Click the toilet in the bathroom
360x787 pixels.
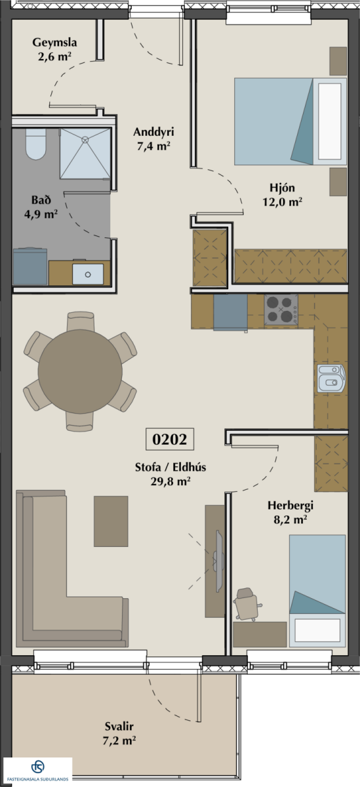click(36, 144)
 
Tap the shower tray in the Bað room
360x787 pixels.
click(85, 153)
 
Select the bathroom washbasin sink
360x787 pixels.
click(88, 274)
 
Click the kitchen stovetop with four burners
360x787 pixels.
click(281, 310)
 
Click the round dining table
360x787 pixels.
click(80, 371)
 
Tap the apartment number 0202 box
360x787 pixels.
click(170, 439)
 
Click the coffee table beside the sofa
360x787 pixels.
click(111, 521)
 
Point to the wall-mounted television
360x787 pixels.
click(219, 561)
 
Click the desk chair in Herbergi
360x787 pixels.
click(247, 604)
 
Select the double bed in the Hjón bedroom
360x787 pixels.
click(290, 121)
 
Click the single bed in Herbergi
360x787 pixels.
click(317, 591)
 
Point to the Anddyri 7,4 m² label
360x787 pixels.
click(153, 139)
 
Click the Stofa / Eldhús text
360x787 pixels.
click(170, 467)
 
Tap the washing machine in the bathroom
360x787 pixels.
click(30, 266)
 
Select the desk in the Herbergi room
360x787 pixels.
click(260, 634)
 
